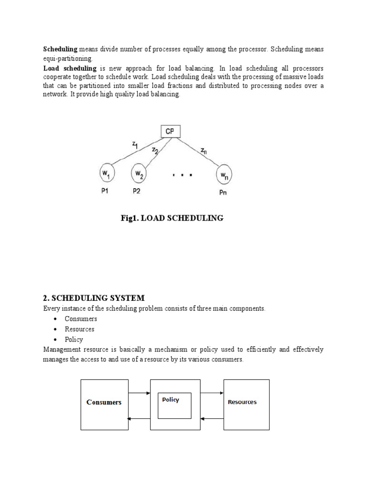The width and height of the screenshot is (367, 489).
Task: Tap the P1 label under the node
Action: coord(106,191)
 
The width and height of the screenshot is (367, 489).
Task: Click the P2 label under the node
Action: coord(137,191)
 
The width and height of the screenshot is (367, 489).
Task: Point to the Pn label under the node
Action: coord(223,193)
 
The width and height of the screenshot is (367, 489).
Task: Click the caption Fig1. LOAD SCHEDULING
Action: coord(172,218)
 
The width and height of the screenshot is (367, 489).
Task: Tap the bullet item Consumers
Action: coord(81,319)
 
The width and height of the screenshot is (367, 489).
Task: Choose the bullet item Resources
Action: coord(79,329)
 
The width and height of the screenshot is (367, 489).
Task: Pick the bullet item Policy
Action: coord(74,340)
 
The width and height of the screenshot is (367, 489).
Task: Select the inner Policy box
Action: coord(174,405)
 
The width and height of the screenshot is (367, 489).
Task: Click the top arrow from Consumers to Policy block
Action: coord(140,393)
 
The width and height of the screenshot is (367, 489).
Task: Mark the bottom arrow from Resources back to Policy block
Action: coord(211,419)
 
